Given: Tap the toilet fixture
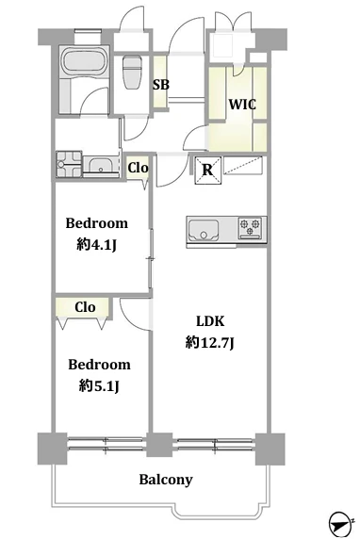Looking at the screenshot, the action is point(132,73).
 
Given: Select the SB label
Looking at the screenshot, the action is point(161,84).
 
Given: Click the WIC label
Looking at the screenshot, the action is point(242,104).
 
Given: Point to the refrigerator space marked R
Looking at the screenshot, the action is point(207,170).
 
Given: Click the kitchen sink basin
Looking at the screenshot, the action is point(204,229).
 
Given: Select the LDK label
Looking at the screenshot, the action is point(210,321).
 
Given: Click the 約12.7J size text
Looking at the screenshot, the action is point(210,343).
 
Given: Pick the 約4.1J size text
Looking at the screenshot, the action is point(97,245).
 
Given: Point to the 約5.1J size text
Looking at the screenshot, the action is point(99,386).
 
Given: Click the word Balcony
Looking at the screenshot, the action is point(166,480).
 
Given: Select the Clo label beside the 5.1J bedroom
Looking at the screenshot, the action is point(85,307).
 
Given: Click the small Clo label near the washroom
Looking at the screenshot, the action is point(139,168).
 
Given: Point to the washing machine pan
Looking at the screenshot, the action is point(69,164).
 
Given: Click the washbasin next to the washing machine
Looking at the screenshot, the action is point(101,167).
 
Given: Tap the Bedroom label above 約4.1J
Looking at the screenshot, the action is point(97,223).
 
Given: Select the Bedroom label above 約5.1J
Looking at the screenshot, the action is point(99,365).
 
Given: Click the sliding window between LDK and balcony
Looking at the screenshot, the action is point(215,445).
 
